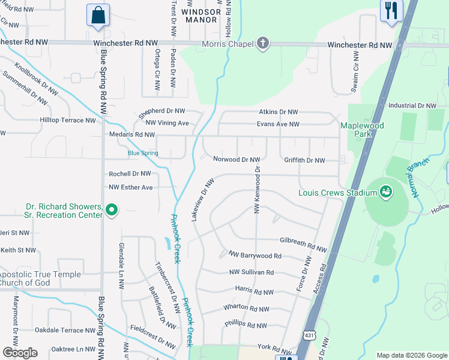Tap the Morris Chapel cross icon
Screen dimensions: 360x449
click(x=262, y=43)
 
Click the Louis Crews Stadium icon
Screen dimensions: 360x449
click(x=386, y=192)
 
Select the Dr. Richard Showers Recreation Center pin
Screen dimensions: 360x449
click(x=112, y=210)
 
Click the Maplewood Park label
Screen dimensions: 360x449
click(x=362, y=130)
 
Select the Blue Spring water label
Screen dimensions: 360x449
click(x=143, y=154)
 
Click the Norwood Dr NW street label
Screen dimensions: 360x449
click(x=237, y=160)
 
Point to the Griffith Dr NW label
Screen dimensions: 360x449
click(x=304, y=160)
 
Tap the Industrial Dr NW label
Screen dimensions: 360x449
click(x=412, y=106)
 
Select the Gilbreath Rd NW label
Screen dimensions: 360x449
click(x=303, y=244)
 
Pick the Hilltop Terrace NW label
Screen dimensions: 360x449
click(x=67, y=120)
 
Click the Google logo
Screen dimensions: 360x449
click(x=20, y=353)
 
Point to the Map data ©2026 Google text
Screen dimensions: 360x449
click(x=411, y=355)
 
